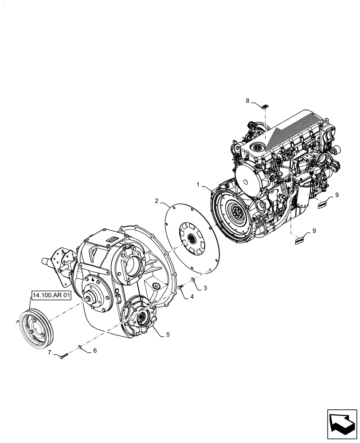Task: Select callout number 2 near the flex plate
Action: coord(157,201)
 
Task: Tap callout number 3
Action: coord(205,288)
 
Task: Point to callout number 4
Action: coord(192,296)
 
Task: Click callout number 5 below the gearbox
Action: coord(168,334)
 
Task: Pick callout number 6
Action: coord(94,350)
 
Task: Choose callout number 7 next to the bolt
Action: coord(50,353)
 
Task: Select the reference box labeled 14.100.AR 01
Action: coord(51,295)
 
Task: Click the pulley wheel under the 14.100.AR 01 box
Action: coord(36,327)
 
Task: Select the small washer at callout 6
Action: coord(80,347)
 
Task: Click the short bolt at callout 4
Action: coord(180,288)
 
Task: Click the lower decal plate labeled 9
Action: coord(300,240)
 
